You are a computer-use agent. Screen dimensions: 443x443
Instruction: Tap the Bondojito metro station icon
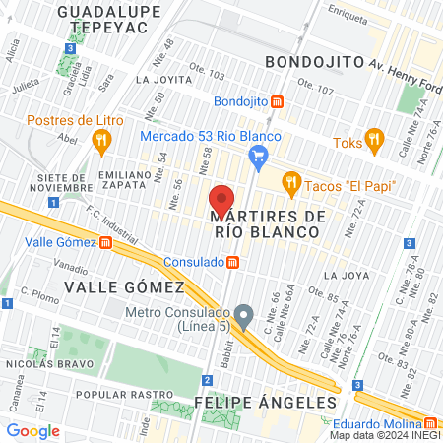click(279, 101)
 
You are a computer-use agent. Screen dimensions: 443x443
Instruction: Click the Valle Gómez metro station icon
click(105, 242)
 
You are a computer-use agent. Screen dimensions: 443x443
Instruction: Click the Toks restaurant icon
click(373, 137)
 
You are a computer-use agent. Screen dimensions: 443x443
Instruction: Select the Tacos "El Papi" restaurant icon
click(289, 182)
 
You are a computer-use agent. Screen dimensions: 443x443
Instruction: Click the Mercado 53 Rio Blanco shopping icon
click(259, 154)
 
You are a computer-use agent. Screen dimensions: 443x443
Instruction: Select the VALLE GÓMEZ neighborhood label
click(124, 286)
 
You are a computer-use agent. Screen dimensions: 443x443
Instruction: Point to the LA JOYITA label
click(165, 79)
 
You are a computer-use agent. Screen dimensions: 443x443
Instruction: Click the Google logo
click(32, 430)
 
